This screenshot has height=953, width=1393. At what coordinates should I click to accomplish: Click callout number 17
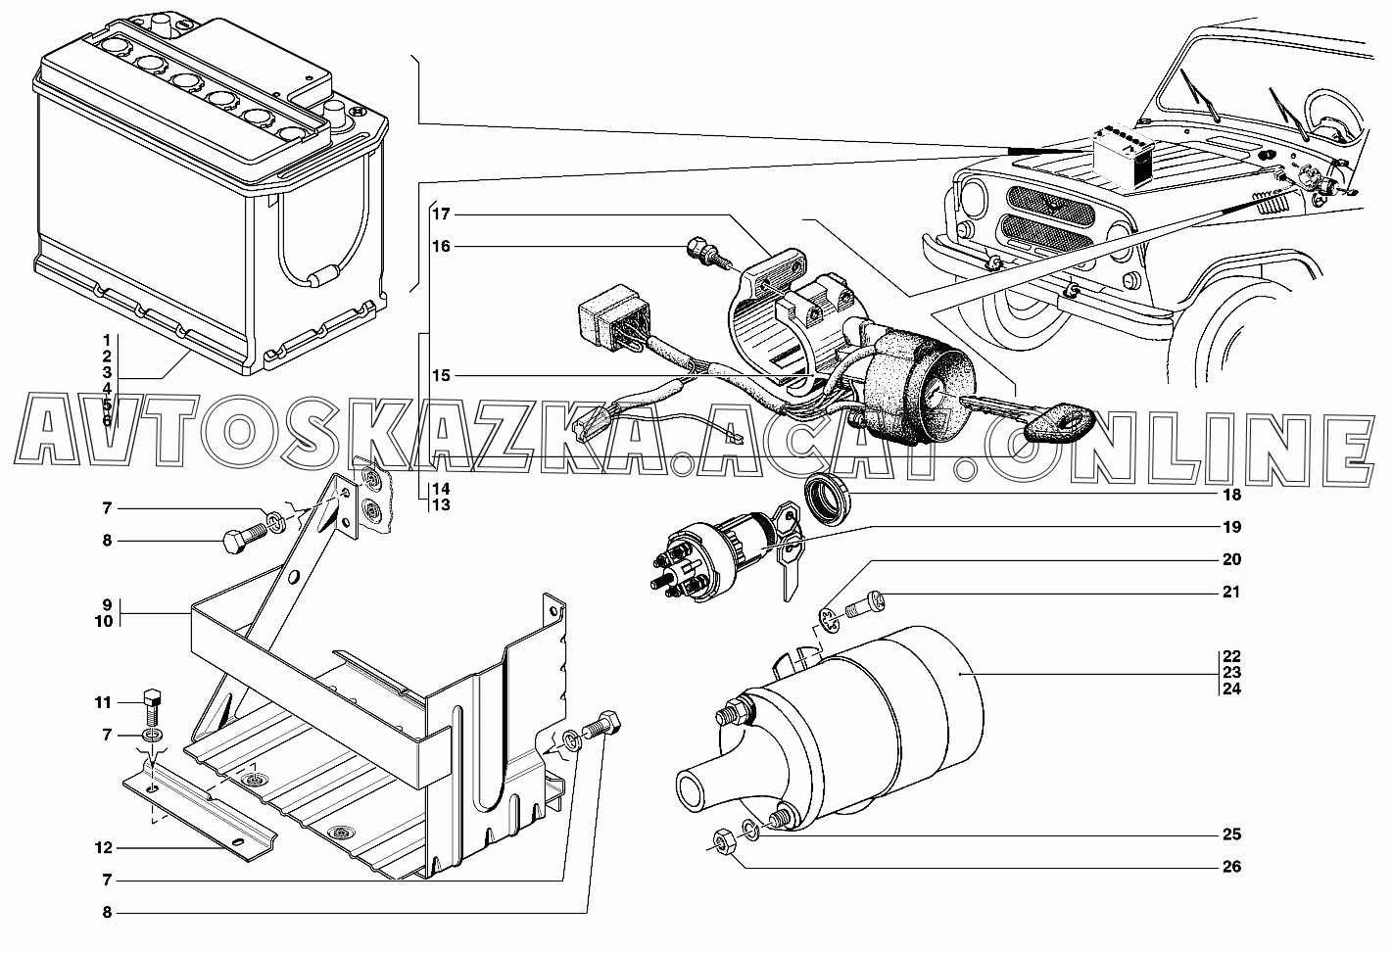(439, 214)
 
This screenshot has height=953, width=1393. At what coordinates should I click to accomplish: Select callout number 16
(439, 246)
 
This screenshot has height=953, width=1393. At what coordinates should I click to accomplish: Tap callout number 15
(439, 376)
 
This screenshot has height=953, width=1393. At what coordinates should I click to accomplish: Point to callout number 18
(1231, 495)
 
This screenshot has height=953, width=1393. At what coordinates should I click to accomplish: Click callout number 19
(1231, 527)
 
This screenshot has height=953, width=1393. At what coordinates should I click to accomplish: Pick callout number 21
(1231, 592)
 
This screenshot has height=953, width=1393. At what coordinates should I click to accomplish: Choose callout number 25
(1231, 834)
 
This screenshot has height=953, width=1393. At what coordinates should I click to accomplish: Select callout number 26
(1231, 867)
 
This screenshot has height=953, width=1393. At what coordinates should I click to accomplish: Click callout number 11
(104, 702)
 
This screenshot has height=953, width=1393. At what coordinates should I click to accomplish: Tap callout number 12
(104, 848)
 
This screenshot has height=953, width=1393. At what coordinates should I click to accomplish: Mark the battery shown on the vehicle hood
(1127, 158)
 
